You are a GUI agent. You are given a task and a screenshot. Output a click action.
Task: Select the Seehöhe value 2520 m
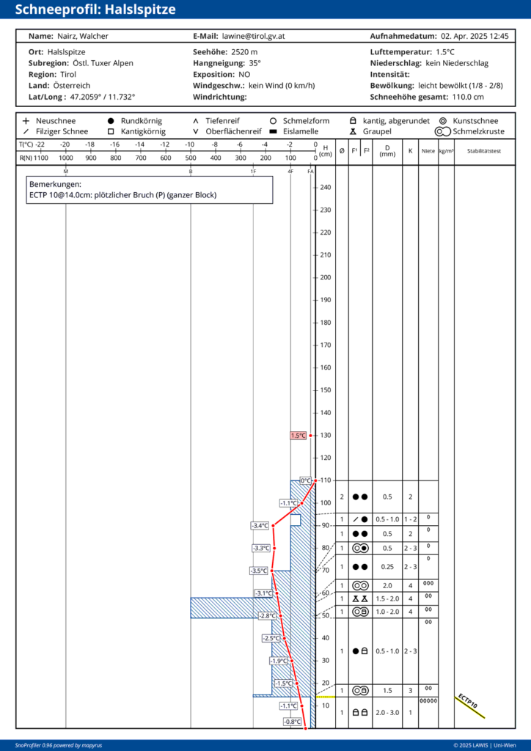[x=244, y=52]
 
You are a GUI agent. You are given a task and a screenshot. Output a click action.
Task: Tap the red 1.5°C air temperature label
[x=298, y=436]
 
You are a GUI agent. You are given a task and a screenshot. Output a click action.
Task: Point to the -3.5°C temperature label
[x=259, y=571]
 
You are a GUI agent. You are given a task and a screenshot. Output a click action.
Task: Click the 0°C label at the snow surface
[x=306, y=480]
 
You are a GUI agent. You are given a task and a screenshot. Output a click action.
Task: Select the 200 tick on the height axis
[x=326, y=277]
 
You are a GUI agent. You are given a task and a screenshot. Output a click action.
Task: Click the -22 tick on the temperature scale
[x=40, y=144]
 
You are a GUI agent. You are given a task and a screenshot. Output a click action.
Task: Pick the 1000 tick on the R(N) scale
[x=66, y=158]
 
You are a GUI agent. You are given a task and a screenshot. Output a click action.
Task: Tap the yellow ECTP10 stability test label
[x=468, y=703]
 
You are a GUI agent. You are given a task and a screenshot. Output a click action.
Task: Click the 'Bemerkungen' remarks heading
[x=55, y=184]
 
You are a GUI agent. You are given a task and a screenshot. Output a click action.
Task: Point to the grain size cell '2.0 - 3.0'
[x=387, y=712]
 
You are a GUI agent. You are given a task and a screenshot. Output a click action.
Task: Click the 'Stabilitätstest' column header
[x=484, y=151]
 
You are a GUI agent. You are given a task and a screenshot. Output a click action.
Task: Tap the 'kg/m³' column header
[x=446, y=151]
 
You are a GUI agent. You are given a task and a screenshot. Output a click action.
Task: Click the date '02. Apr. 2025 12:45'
[x=475, y=36]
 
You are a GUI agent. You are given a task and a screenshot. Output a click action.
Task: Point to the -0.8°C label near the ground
[x=293, y=722]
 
